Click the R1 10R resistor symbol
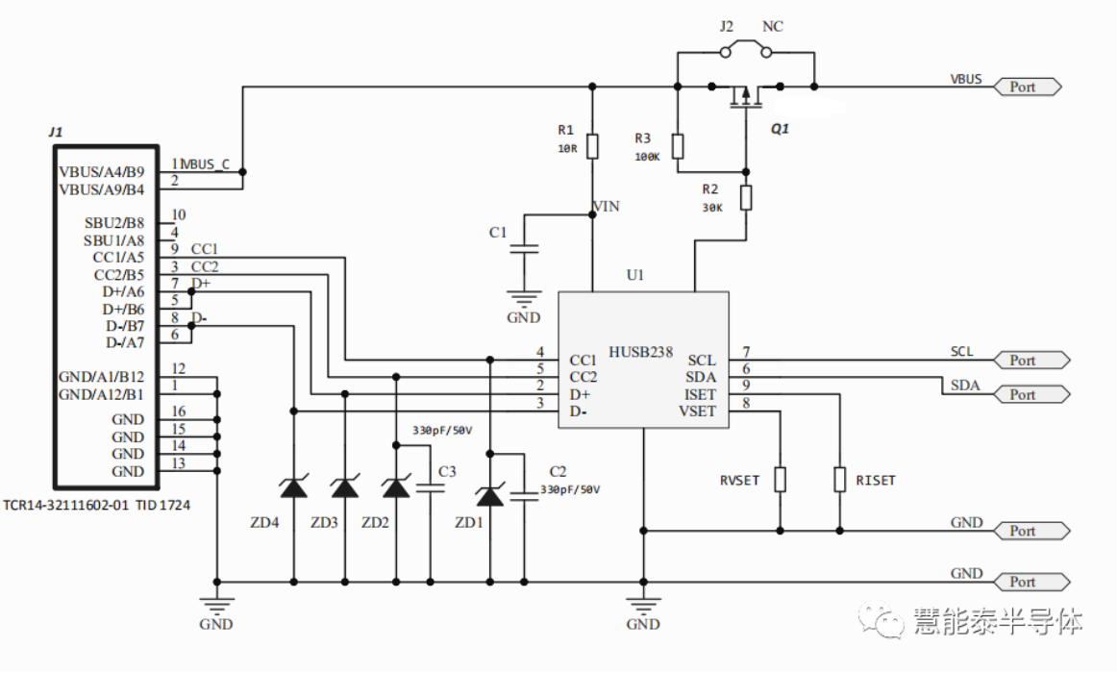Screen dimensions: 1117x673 click(x=592, y=146)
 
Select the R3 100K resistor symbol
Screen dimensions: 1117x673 click(x=678, y=146)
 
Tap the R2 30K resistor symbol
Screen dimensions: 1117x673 click(x=746, y=197)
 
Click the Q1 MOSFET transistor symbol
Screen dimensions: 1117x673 click(x=746, y=95)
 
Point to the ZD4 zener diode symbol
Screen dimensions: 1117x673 click(x=293, y=488)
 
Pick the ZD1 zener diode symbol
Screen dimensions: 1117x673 click(x=489, y=495)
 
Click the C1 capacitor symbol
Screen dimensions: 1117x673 click(x=524, y=249)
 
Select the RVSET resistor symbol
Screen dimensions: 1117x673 click(x=780, y=480)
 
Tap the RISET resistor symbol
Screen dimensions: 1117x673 click(x=840, y=480)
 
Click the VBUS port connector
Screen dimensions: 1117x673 click(x=1028, y=87)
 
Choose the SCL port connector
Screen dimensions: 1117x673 click(x=1031, y=361)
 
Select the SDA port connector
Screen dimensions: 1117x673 click(x=1031, y=394)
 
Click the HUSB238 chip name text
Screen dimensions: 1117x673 click(x=640, y=352)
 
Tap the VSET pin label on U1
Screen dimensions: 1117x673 click(x=698, y=411)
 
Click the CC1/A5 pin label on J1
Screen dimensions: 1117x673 click(x=118, y=257)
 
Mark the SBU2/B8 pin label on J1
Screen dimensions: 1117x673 click(x=114, y=223)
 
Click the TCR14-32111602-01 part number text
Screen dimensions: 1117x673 click(x=66, y=505)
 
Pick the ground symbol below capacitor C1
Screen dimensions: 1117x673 click(x=524, y=298)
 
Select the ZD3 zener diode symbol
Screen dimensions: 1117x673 click(x=345, y=488)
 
